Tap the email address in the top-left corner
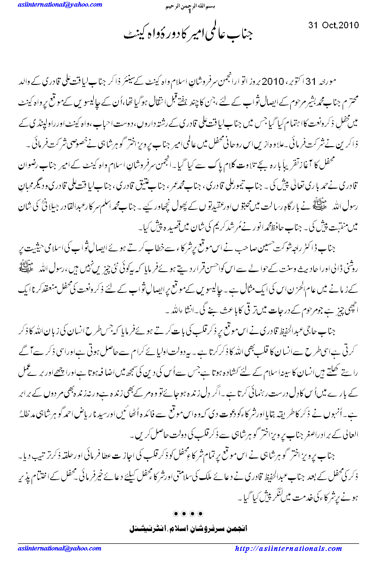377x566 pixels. click(60, 4)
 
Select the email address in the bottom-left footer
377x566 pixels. click(60, 549)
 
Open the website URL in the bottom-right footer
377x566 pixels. click(288, 549)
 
